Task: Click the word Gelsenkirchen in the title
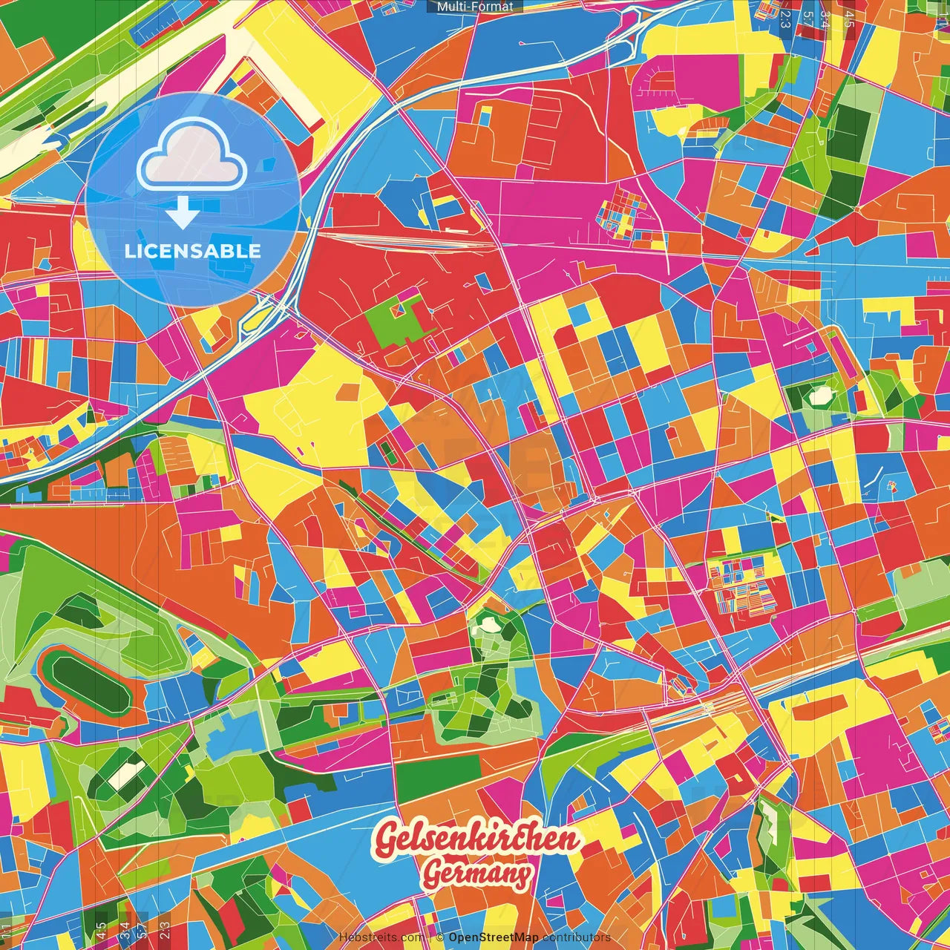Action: pyautogui.click(x=476, y=839)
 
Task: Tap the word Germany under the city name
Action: pyautogui.click(x=477, y=874)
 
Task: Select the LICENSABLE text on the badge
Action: pyautogui.click(x=193, y=251)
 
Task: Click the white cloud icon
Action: pyautogui.click(x=192, y=155)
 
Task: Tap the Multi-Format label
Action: pyautogui.click(x=475, y=7)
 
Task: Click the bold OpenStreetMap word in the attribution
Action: pyautogui.click(x=493, y=937)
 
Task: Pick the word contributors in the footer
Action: pyautogui.click(x=576, y=937)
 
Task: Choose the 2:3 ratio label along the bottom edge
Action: pyautogui.click(x=165, y=930)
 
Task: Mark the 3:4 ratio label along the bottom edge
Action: pyautogui.click(x=125, y=930)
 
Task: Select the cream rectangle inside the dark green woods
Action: pyautogui.click(x=127, y=775)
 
